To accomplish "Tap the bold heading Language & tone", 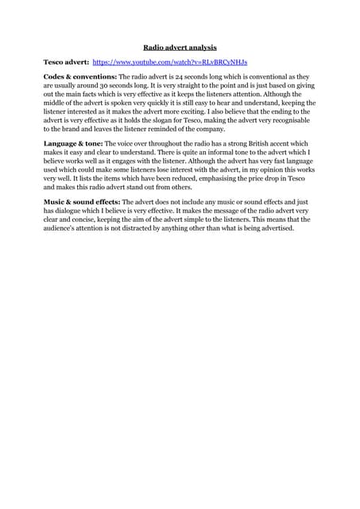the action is click(x=73, y=143).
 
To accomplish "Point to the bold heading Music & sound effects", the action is click(x=82, y=202).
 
